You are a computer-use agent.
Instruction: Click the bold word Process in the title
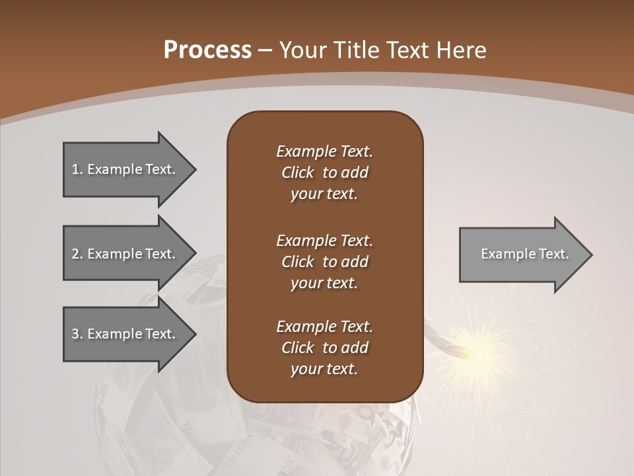click(x=207, y=50)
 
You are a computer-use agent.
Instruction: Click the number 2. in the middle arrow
click(x=77, y=254)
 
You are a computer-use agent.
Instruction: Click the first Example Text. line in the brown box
click(x=324, y=151)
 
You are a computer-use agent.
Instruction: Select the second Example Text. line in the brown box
click(x=324, y=241)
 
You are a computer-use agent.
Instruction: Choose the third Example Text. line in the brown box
click(x=324, y=327)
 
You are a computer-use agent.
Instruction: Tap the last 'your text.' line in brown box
click(x=324, y=370)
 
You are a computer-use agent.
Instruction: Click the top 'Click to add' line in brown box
click(x=324, y=173)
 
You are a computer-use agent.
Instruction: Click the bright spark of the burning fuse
click(x=477, y=354)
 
